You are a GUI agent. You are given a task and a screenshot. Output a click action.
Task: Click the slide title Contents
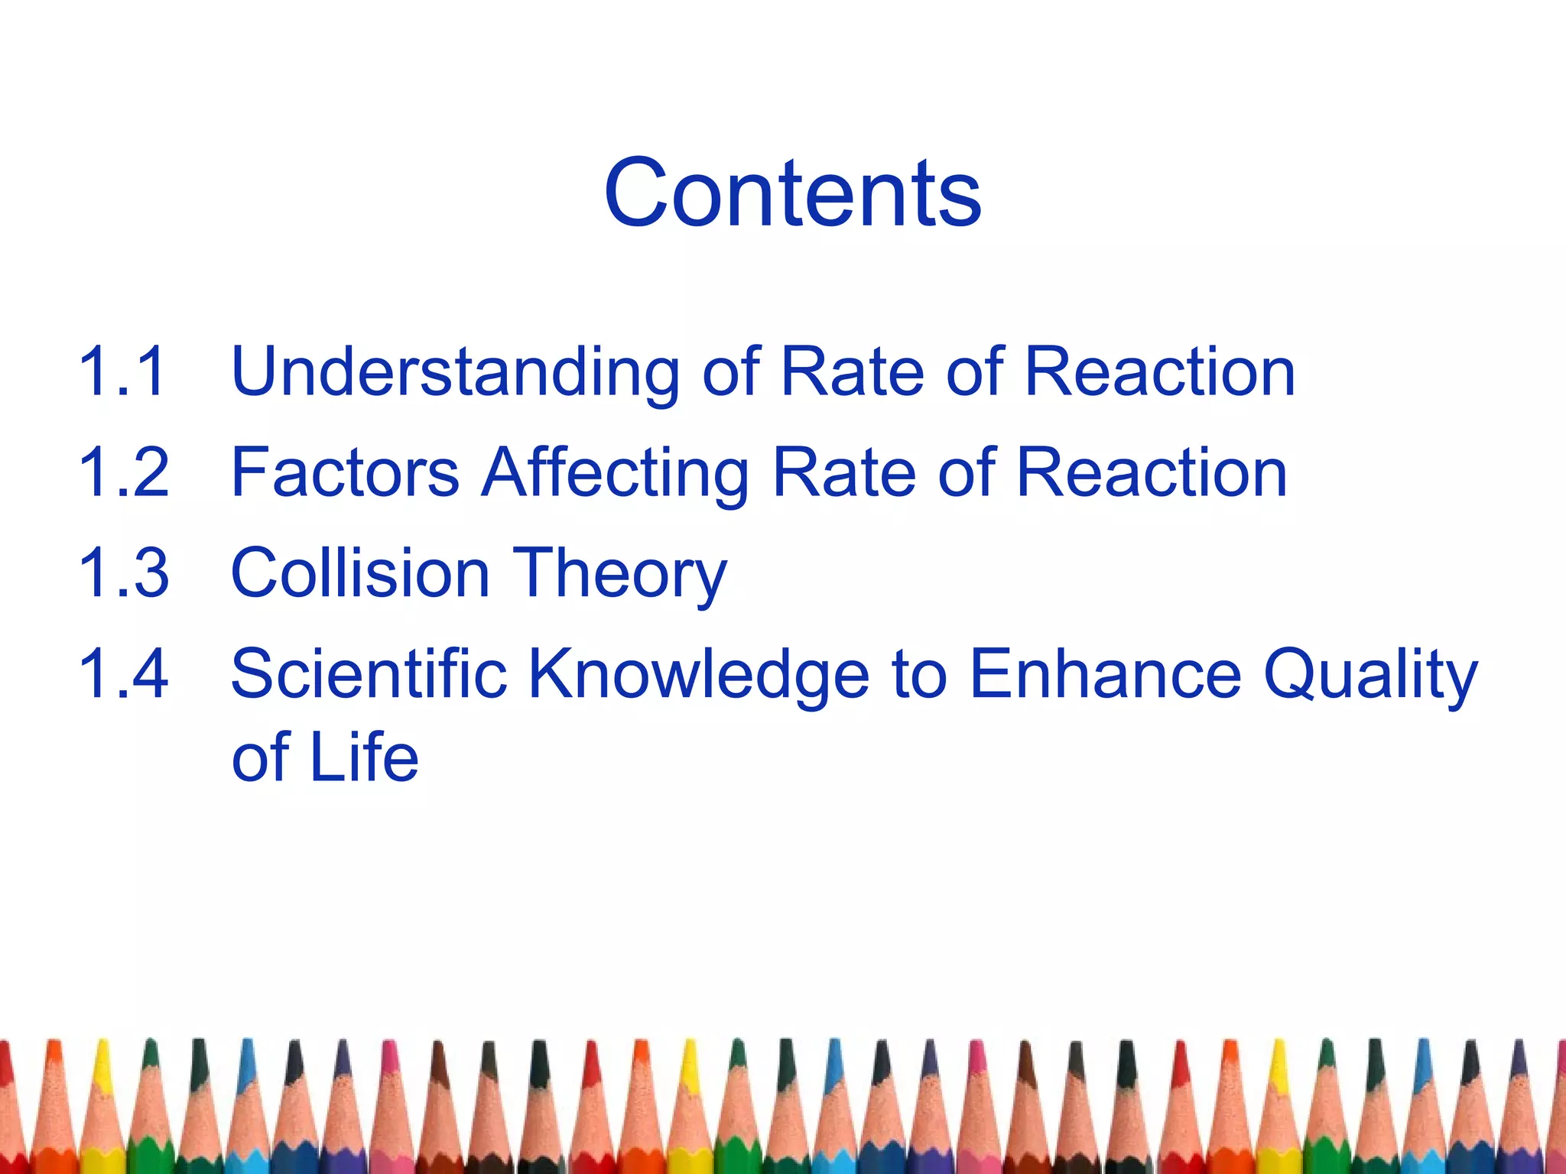792,193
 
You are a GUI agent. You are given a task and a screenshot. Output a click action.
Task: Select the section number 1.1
122,371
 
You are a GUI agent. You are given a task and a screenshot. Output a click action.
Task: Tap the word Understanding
455,373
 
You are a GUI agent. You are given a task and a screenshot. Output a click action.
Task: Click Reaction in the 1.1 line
1159,371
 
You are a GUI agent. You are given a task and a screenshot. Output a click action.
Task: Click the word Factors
345,472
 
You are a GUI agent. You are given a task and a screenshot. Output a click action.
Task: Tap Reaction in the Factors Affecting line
1152,472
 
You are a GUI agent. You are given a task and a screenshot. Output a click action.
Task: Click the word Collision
360,573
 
